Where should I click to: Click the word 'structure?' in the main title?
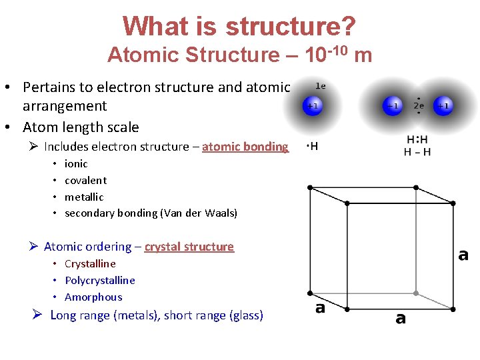click(x=290, y=26)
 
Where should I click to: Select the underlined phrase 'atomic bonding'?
click(x=245, y=147)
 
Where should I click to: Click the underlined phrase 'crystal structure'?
click(x=189, y=247)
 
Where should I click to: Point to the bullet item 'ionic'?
click(x=76, y=163)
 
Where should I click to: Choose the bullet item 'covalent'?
click(x=85, y=180)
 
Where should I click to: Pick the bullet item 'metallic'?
click(x=84, y=197)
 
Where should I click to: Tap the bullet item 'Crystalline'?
click(x=90, y=263)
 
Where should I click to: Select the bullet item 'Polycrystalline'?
click(x=99, y=280)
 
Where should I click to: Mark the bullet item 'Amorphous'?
click(x=93, y=297)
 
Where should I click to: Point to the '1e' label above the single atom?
click(x=320, y=86)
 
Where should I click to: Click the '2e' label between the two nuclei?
click(x=419, y=105)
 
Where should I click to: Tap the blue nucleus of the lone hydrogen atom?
click(x=312, y=105)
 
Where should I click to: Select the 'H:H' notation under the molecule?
click(x=417, y=140)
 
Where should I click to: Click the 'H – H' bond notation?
click(x=417, y=152)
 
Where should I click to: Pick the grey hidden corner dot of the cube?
click(x=415, y=293)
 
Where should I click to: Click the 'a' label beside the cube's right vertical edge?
click(x=463, y=255)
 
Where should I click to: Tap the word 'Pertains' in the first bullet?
click(x=47, y=87)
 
